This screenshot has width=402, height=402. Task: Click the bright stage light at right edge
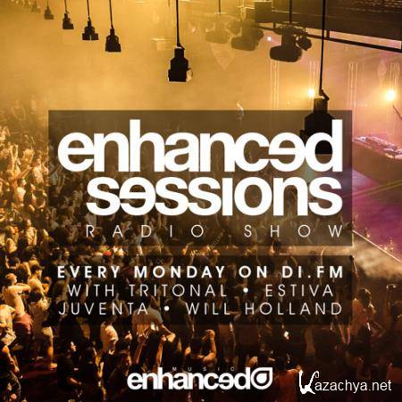(x=389, y=95)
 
